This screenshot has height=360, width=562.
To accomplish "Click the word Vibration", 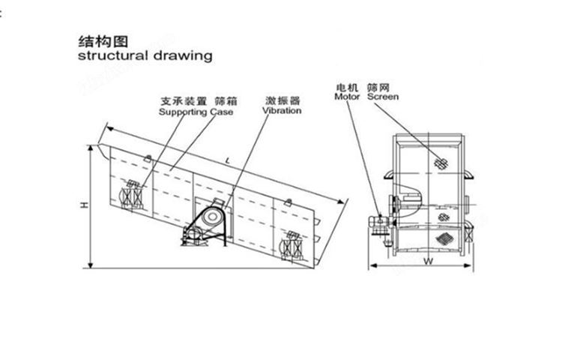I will (x=282, y=110).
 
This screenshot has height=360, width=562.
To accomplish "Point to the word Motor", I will (x=348, y=97).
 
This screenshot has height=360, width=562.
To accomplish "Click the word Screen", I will (x=383, y=97).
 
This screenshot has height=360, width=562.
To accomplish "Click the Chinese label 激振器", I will (x=282, y=100).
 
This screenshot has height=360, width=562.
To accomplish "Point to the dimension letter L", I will (x=226, y=162).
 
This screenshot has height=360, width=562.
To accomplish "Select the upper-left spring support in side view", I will (x=133, y=193).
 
